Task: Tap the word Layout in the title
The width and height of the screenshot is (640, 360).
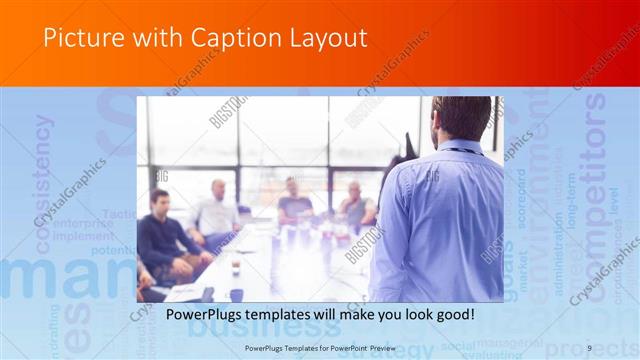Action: coord(324,39)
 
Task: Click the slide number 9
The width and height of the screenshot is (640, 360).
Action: coord(590,346)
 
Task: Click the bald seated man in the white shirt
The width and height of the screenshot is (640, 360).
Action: coord(218,211)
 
